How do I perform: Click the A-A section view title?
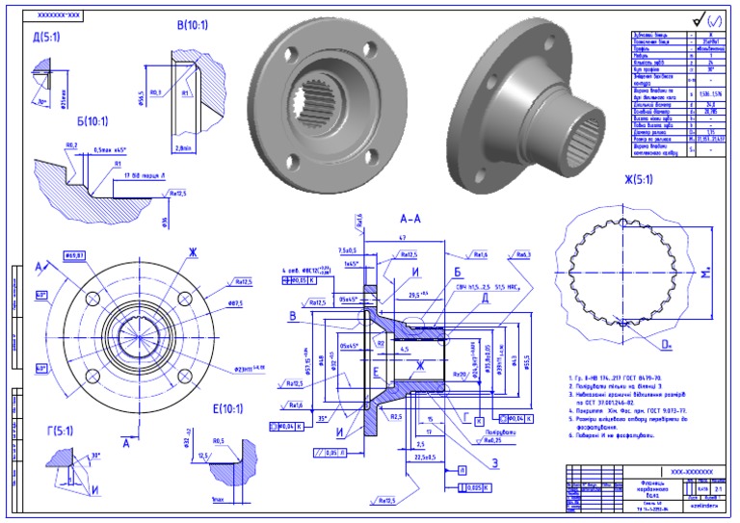(x=412, y=219)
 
